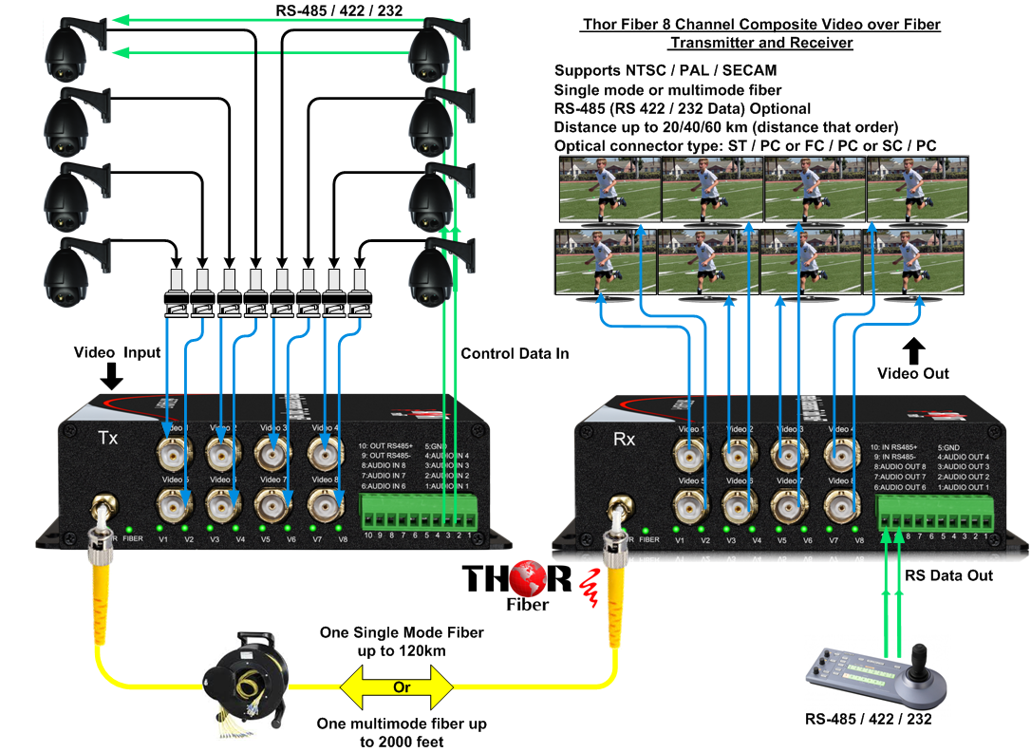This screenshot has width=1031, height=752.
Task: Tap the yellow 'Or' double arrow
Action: (x=402, y=686)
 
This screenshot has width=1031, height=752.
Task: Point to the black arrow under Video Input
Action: (x=111, y=377)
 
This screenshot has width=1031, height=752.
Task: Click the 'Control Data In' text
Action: (x=515, y=354)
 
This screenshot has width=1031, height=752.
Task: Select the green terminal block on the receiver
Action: (x=938, y=520)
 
